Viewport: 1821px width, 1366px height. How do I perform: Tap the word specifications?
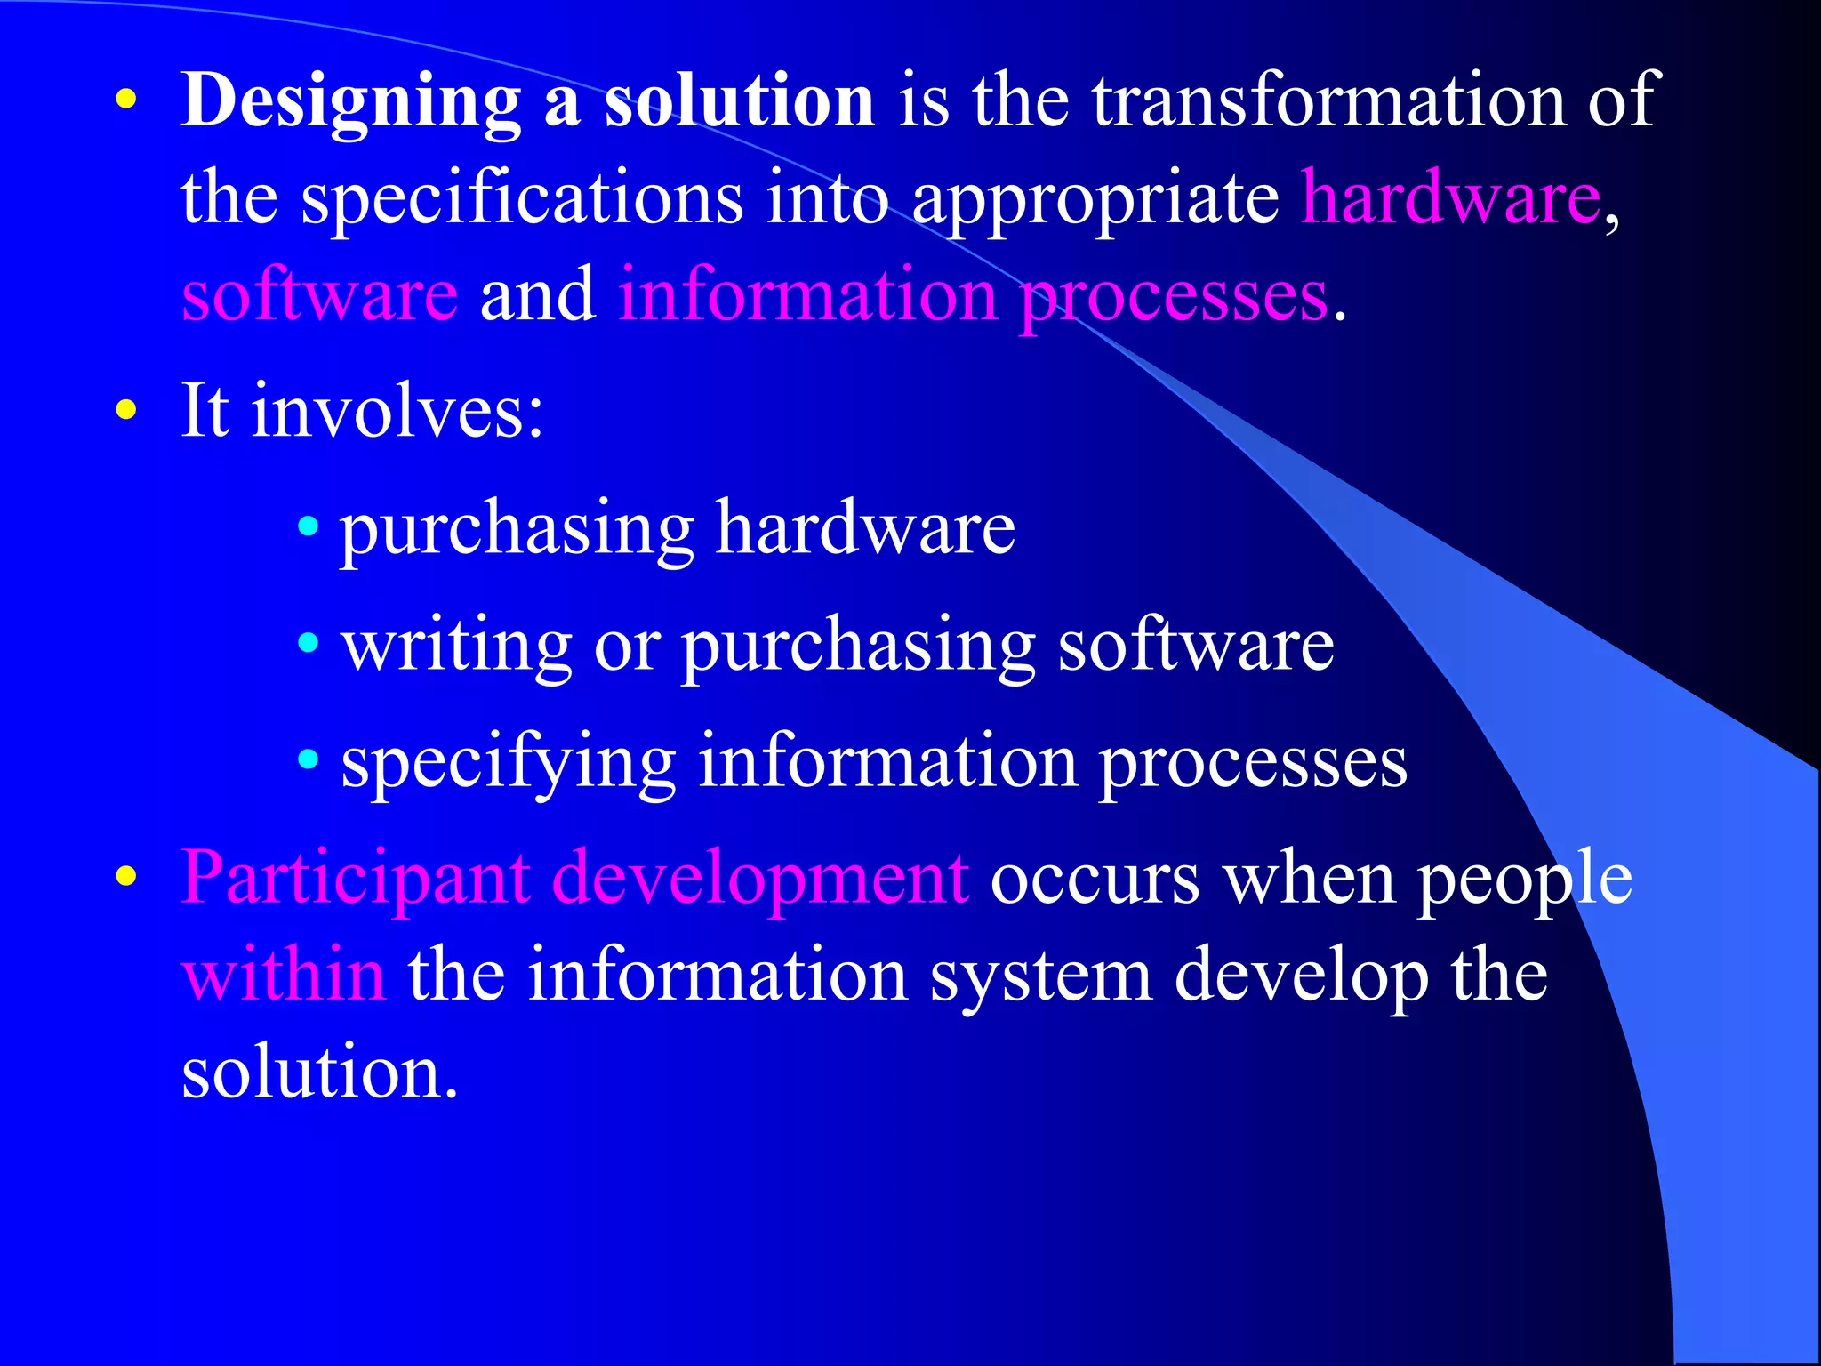[522, 198]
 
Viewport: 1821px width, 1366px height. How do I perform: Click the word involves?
[397, 411]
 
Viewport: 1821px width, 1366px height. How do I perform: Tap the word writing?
[457, 645]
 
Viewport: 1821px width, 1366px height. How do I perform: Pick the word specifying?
[509, 763]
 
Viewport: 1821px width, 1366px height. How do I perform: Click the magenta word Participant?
[356, 879]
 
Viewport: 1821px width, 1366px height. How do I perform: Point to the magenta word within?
[284, 976]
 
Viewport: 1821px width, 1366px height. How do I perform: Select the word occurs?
[1095, 879]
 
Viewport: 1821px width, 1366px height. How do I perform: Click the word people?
[1524, 879]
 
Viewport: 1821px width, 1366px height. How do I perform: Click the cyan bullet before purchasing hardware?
[308, 526]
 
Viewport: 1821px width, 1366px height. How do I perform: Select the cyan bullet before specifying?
[308, 760]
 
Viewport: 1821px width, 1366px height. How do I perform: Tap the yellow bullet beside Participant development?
[127, 877]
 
